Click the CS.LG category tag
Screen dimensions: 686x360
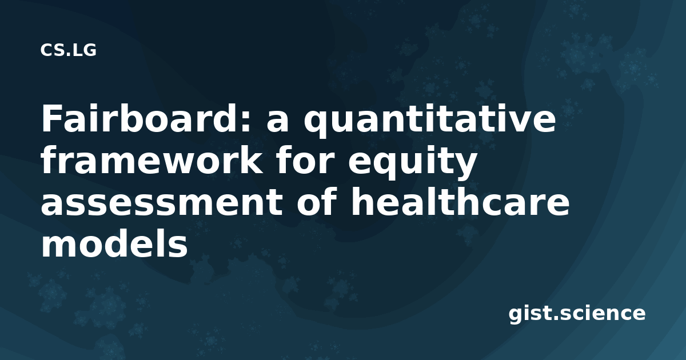point(68,50)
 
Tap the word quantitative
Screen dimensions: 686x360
point(429,121)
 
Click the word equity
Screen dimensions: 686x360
point(412,163)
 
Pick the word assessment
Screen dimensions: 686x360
point(162,202)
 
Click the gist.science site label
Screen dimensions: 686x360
point(577,314)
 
